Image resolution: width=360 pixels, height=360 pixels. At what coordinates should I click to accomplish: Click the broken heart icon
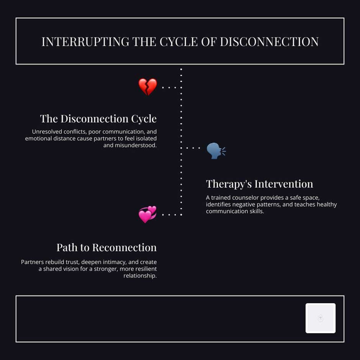pyautogui.click(x=147, y=87)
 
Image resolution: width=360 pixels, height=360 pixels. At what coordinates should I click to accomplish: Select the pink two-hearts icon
pyautogui.click(x=147, y=214)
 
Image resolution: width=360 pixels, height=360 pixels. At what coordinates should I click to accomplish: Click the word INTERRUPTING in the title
pyautogui.click(x=85, y=41)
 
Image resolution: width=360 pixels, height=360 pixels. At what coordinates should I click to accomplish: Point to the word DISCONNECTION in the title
pyautogui.click(x=269, y=41)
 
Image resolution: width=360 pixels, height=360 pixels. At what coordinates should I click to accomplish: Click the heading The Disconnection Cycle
pyautogui.click(x=98, y=119)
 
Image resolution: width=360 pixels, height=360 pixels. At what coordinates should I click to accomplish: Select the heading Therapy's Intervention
pyautogui.click(x=259, y=184)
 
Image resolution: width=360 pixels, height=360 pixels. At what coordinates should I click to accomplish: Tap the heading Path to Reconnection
pyautogui.click(x=106, y=247)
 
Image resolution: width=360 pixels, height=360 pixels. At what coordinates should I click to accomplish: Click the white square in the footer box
pyautogui.click(x=321, y=318)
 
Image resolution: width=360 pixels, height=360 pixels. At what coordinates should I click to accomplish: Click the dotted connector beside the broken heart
pyautogui.click(x=169, y=87)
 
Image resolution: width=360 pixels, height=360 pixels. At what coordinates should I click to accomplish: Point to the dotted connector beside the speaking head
pyautogui.click(x=193, y=148)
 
